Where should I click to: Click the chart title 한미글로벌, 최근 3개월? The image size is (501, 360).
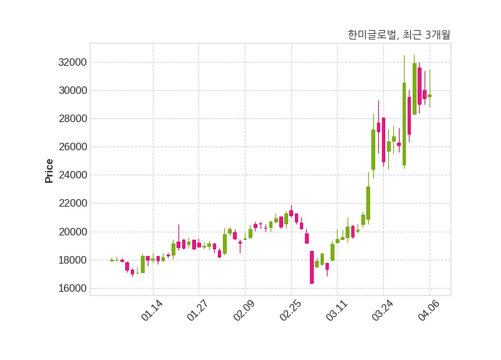pos(399,35)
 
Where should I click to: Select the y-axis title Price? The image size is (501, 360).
pos(49,171)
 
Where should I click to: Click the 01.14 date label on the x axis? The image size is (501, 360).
pos(152,311)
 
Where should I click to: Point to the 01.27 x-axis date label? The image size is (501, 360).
pos(198,311)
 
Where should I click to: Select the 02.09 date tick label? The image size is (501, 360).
pos(244,311)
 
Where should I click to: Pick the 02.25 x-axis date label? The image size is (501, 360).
pos(291,311)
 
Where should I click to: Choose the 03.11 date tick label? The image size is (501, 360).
pos(336,311)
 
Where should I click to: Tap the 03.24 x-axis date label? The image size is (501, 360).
pos(383,311)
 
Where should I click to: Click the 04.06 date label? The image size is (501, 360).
pos(429,311)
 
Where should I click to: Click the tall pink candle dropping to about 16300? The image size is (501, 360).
pos(312,267)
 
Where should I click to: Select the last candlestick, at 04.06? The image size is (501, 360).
pos(430,95)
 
